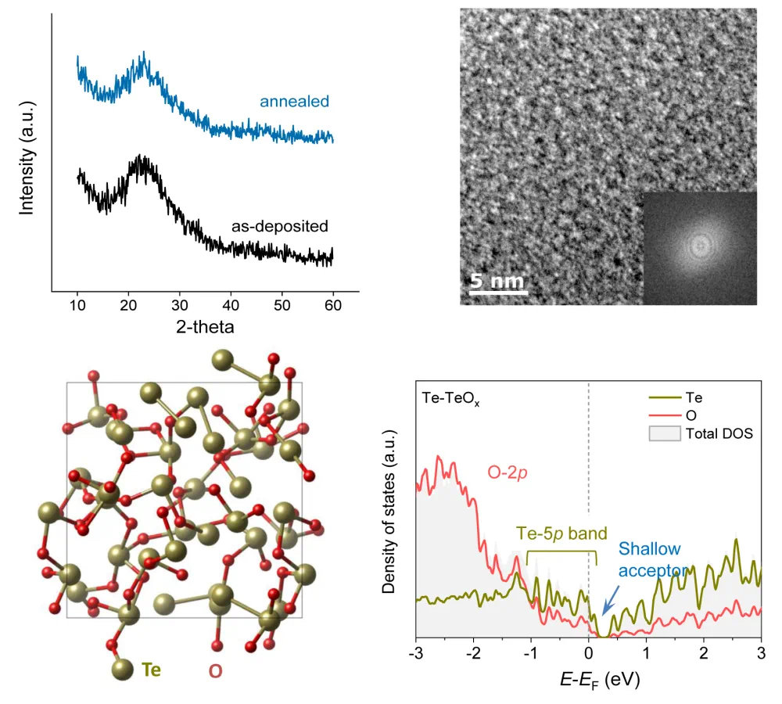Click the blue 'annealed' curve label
click(x=295, y=102)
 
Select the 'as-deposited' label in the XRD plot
click(x=279, y=226)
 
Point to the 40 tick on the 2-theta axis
click(x=231, y=304)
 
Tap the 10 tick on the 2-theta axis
click(x=77, y=304)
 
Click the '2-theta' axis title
click(x=205, y=324)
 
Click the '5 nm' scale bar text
click(x=497, y=281)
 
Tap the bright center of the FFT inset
click(x=700, y=246)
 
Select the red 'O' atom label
click(x=214, y=671)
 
